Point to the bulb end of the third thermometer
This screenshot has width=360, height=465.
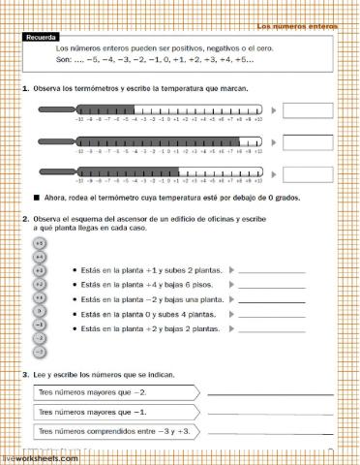coord(43,173)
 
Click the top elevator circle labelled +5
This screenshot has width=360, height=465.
coord(40,243)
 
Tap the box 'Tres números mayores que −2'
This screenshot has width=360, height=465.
coord(116,392)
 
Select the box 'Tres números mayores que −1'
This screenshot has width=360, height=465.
coord(116,412)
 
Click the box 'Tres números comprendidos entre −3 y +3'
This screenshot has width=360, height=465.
coord(116,430)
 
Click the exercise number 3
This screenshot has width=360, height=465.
coord(23,374)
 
